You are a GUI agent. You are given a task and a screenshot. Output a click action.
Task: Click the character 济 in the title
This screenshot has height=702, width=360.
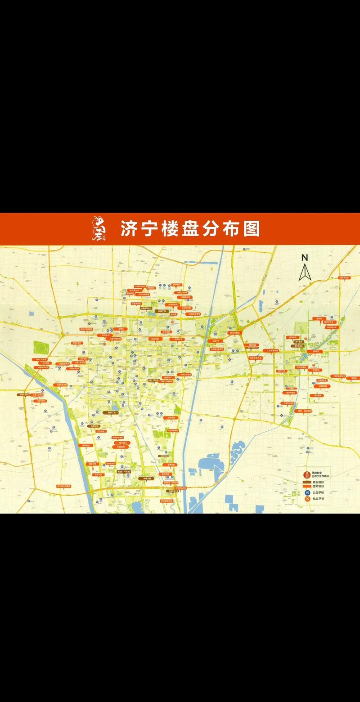[x=129, y=228]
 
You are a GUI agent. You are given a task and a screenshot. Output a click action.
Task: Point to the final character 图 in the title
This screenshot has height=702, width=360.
[x=251, y=228]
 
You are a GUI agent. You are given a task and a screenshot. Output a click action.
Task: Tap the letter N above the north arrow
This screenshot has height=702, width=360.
[x=305, y=258]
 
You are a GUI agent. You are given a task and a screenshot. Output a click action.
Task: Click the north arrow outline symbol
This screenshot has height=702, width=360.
[x=305, y=273]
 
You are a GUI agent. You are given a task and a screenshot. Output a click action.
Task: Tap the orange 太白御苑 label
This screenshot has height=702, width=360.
[x=121, y=447]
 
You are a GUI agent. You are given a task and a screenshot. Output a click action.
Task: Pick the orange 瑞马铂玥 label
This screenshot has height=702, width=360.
[x=121, y=443]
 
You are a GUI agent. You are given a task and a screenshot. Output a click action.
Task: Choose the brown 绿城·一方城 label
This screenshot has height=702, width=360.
[x=123, y=472]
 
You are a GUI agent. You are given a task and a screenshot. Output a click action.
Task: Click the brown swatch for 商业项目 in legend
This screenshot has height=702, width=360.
[x=307, y=482]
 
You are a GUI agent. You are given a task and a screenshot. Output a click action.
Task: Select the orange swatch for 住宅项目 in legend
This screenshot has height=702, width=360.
[x=307, y=487]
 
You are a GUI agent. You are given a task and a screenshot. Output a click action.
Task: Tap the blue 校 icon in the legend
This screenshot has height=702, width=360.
[x=308, y=493]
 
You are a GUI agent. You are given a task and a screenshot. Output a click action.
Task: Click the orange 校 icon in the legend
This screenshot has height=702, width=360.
[x=308, y=499]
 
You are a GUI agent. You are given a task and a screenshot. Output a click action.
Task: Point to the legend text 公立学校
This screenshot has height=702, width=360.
[x=318, y=493]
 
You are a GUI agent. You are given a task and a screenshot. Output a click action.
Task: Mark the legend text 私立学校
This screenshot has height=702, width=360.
[x=318, y=499]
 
